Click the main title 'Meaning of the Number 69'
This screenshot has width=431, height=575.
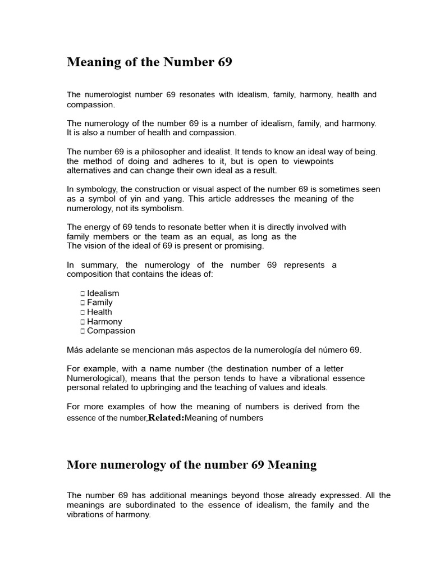tap(149, 62)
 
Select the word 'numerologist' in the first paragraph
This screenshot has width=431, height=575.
tap(107, 95)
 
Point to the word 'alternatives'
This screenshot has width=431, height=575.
tap(89, 171)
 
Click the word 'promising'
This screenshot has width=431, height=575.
tap(242, 246)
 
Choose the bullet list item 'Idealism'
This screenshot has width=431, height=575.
tap(103, 293)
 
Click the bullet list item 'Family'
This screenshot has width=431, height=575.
tap(100, 303)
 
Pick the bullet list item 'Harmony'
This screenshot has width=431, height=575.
tap(104, 322)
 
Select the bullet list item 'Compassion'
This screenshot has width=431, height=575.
tap(111, 331)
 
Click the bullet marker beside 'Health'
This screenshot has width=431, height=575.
tap(82, 312)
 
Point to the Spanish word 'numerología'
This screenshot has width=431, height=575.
tap(287, 350)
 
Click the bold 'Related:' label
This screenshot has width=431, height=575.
tap(166, 418)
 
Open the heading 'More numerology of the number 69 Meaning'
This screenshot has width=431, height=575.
tap(191, 465)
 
